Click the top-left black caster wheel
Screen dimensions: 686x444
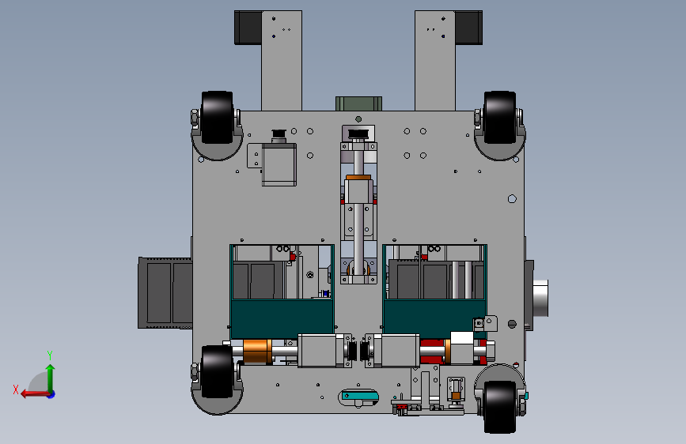pos(217,117)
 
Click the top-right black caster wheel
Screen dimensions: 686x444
pos(499,117)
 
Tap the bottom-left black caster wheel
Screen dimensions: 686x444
pos(217,371)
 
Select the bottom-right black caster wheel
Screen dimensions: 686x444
pos(499,407)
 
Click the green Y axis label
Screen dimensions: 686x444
pos(50,356)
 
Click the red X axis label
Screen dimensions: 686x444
pos(16,389)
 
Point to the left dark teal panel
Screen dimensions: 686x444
pos(282,318)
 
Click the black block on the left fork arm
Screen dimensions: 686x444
pos(248,28)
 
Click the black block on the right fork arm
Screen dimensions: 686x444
pos(468,28)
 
